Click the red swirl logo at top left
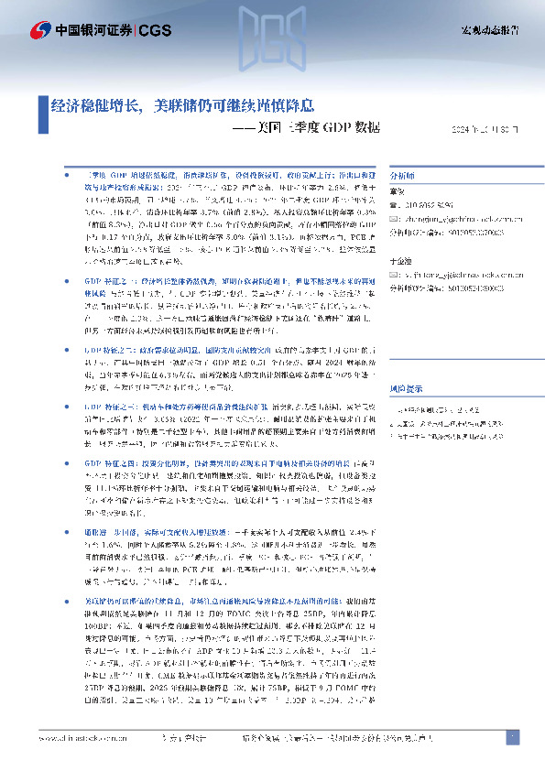39,29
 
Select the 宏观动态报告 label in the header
489,30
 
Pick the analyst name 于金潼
400,261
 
